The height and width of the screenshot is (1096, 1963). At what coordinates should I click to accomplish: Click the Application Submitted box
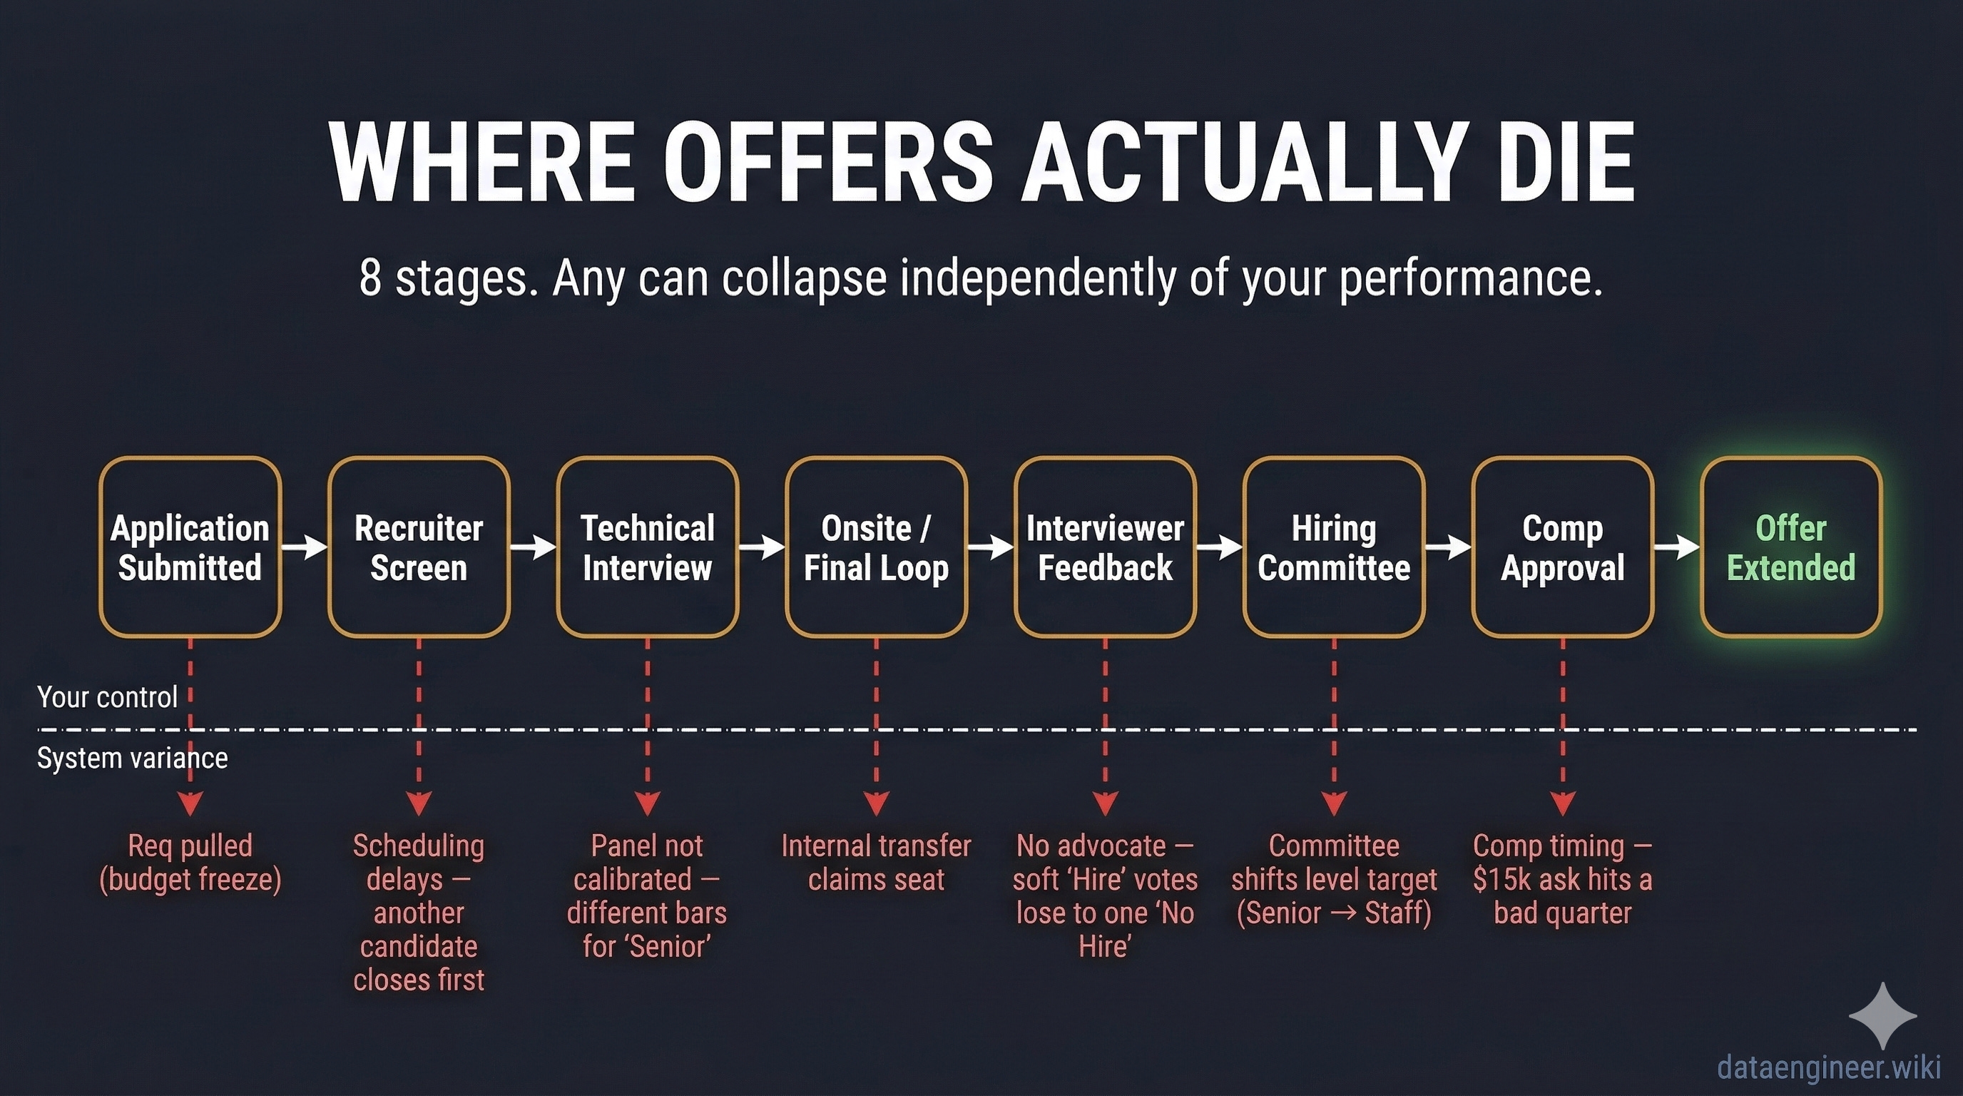pyautogui.click(x=190, y=547)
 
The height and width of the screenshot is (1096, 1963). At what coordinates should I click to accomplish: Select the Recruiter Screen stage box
pyautogui.click(x=419, y=547)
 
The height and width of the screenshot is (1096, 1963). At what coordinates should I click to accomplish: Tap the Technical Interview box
pyautogui.click(x=647, y=547)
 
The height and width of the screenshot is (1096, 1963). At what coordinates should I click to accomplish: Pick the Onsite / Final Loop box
pyautogui.click(x=876, y=547)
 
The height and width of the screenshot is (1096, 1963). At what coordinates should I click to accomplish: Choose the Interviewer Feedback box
pyautogui.click(x=1104, y=547)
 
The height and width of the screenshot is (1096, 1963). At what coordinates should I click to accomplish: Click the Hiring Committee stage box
pyautogui.click(x=1334, y=547)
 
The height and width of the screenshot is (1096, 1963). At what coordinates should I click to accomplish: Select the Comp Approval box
pyautogui.click(x=1562, y=547)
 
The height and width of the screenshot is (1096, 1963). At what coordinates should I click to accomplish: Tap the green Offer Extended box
pyautogui.click(x=1791, y=547)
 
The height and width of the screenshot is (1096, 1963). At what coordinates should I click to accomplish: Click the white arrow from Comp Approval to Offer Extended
pyautogui.click(x=1676, y=547)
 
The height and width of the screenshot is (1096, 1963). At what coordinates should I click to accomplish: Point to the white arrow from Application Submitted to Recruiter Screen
pyautogui.click(x=304, y=547)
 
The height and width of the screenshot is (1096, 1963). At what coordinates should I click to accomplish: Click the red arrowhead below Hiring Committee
pyautogui.click(x=1334, y=803)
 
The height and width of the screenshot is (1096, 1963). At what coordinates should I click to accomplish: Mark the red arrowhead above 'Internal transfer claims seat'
pyautogui.click(x=877, y=803)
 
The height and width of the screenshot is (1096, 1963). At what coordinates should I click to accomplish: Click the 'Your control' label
pyautogui.click(x=107, y=697)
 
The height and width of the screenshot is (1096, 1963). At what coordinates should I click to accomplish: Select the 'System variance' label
pyautogui.click(x=132, y=758)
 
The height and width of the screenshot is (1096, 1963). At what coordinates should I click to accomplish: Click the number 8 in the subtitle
pyautogui.click(x=370, y=278)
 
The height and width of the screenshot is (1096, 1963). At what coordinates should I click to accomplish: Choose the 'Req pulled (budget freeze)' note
pyautogui.click(x=190, y=863)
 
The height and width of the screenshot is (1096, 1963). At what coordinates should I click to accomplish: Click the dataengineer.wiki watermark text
pyautogui.click(x=1829, y=1067)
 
